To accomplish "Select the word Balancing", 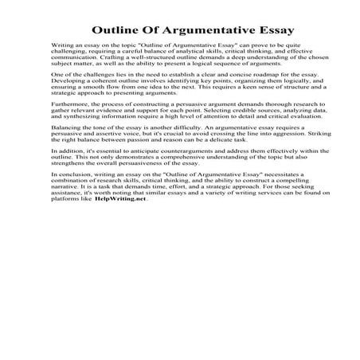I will tap(68, 149).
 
